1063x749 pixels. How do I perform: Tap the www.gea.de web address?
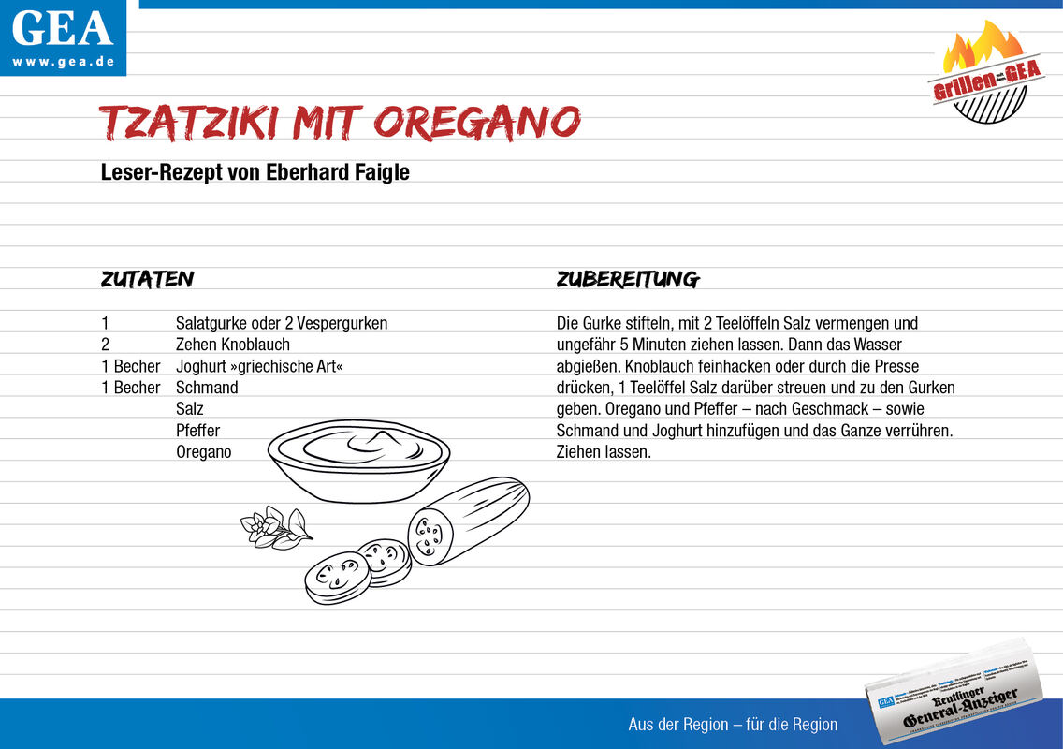coord(63,62)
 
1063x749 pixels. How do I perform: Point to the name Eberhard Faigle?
coord(351,173)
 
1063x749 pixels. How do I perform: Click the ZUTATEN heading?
coord(147,279)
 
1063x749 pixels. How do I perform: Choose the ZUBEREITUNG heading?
coord(627,279)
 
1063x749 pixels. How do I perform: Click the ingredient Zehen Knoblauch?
coord(232,345)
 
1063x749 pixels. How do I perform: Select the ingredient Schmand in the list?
coord(207,388)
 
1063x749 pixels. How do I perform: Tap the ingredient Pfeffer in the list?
coord(197,431)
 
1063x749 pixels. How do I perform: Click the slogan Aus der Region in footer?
coord(733,725)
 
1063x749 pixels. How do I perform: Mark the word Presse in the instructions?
coord(896,366)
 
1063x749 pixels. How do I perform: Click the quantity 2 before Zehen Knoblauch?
coord(106,345)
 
